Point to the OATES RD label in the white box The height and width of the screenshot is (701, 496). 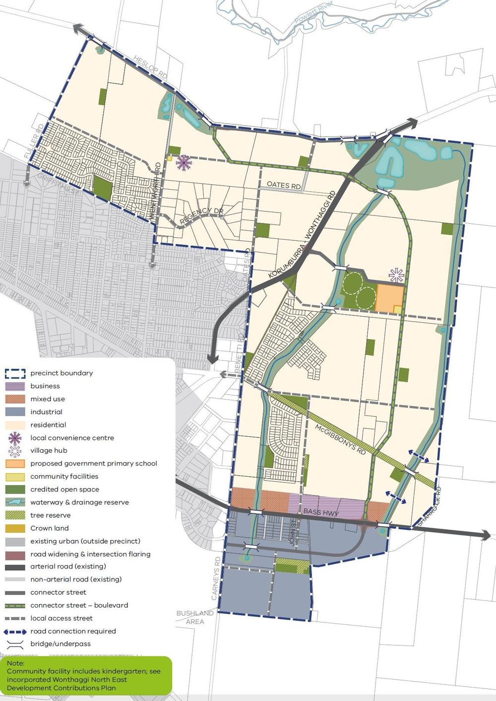pos(284,185)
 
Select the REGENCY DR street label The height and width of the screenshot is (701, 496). pos(201,215)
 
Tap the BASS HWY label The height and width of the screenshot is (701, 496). pos(320,512)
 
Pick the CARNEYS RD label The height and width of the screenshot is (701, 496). pos(216,578)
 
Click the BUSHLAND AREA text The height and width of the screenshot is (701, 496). pos(195,617)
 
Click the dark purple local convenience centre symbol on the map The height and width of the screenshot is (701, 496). pos(184,162)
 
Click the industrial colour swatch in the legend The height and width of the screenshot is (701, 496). pos(15,412)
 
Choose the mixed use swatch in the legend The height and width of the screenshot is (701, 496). pos(15,399)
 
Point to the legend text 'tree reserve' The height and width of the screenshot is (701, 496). pos(50,515)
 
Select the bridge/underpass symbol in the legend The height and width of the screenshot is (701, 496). pos(15,644)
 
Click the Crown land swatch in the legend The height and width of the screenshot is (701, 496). pos(15,528)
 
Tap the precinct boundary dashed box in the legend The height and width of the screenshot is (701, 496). pos(15,373)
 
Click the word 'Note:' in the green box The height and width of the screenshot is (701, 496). pos(15,663)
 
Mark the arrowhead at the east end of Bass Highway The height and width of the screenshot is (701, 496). pos(487,535)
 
